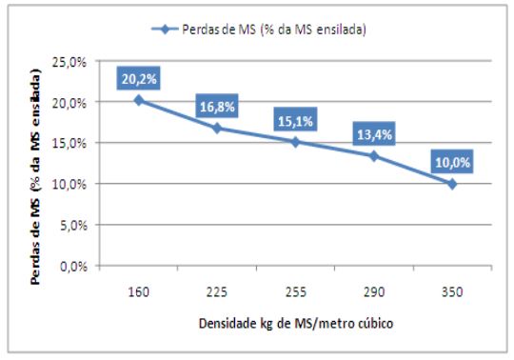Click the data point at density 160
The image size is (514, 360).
click(x=139, y=100)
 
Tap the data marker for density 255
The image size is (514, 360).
click(x=295, y=142)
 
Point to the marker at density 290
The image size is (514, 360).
click(x=373, y=155)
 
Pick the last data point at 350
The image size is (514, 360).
click(x=451, y=183)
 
